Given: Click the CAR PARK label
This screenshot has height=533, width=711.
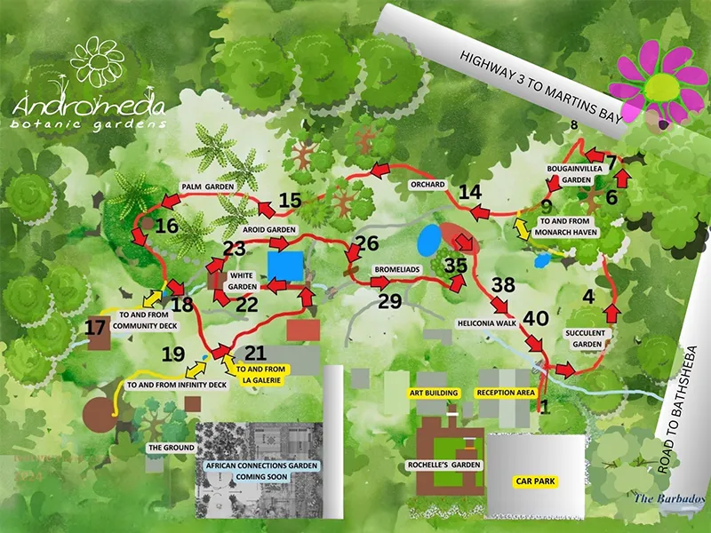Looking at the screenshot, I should click(x=536, y=481).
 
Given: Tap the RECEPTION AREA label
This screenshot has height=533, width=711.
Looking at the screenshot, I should click(x=505, y=392).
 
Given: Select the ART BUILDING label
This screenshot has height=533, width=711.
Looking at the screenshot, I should click(x=434, y=392).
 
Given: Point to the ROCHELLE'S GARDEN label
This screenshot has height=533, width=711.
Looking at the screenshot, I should click(x=454, y=465).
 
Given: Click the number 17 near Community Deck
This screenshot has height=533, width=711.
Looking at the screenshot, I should click(x=96, y=328).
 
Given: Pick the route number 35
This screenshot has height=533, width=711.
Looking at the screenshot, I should click(x=456, y=265).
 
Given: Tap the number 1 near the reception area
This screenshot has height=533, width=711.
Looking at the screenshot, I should click(x=545, y=408).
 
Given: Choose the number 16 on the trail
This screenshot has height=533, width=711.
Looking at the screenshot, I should click(x=166, y=226).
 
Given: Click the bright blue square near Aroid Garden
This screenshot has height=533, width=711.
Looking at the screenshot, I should click(x=286, y=265).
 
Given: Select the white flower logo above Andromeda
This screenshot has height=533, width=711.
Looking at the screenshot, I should click(x=99, y=63).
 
